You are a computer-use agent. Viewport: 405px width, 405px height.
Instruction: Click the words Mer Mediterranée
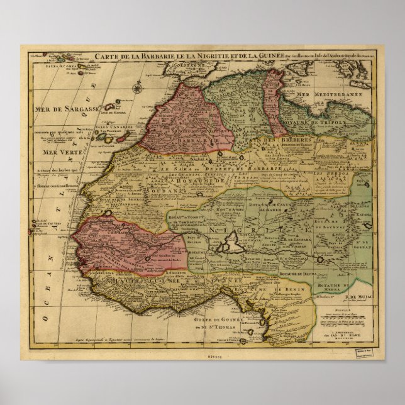(x=328, y=94)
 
